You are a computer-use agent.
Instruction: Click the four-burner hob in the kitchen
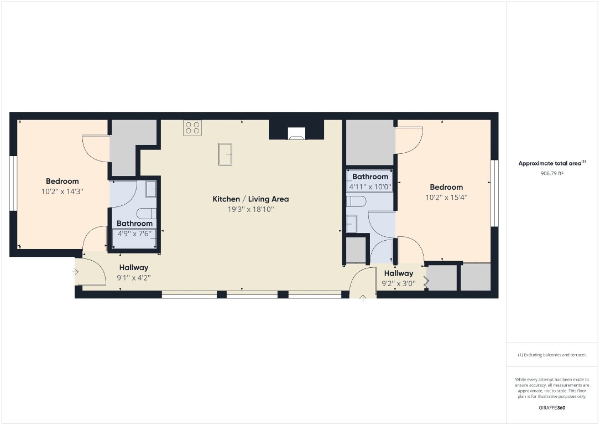[x=192, y=128]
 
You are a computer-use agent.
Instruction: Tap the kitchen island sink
[x=225, y=154]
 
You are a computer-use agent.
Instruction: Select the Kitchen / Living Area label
[x=251, y=199]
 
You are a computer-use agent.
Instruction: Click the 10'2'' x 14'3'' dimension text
[x=62, y=191]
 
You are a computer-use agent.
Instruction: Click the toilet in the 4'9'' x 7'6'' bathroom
[x=147, y=213]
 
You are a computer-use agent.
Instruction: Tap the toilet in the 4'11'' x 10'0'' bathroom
[x=356, y=201]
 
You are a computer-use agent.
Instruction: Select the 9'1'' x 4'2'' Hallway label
[x=133, y=267]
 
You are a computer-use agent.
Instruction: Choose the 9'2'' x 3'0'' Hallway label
[x=398, y=273]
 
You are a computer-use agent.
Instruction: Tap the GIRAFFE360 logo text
[x=552, y=407]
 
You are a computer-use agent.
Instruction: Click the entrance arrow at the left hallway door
[x=76, y=272]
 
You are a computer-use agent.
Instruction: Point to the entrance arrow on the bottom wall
[x=363, y=299]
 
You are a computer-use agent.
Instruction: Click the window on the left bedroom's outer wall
[x=12, y=184]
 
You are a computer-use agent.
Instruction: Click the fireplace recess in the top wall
[x=296, y=133]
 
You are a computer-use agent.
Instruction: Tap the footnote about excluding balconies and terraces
[x=552, y=355]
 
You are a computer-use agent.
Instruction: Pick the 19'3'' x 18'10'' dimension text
[x=251, y=209]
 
